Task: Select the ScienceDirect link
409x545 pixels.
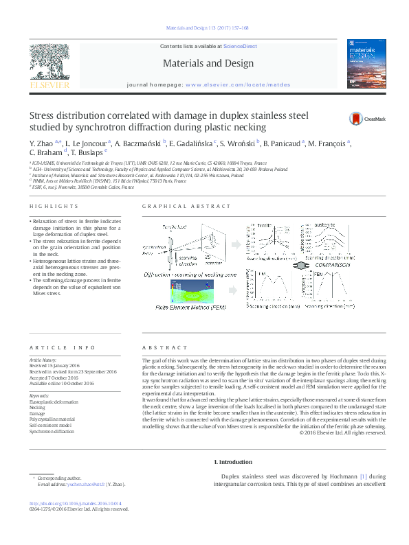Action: (240, 46)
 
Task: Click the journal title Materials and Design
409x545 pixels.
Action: (204, 63)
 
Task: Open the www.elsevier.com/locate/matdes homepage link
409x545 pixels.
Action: (232, 84)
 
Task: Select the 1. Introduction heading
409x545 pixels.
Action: (233, 462)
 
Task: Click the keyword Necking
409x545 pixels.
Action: (37, 407)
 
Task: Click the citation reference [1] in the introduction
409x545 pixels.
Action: (364, 476)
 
